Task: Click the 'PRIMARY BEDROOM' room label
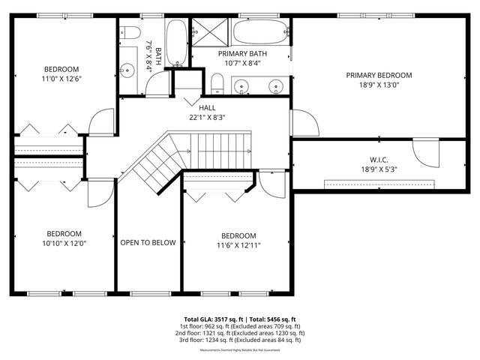pos(379,75)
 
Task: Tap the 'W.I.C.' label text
pos(378,159)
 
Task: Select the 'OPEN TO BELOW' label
pos(148,242)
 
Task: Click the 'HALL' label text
pos(208,108)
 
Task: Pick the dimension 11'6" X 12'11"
pos(238,244)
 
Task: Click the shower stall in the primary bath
pos(211,31)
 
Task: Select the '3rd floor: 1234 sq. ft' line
pos(240,340)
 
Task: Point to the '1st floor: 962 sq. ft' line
pos(240,326)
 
